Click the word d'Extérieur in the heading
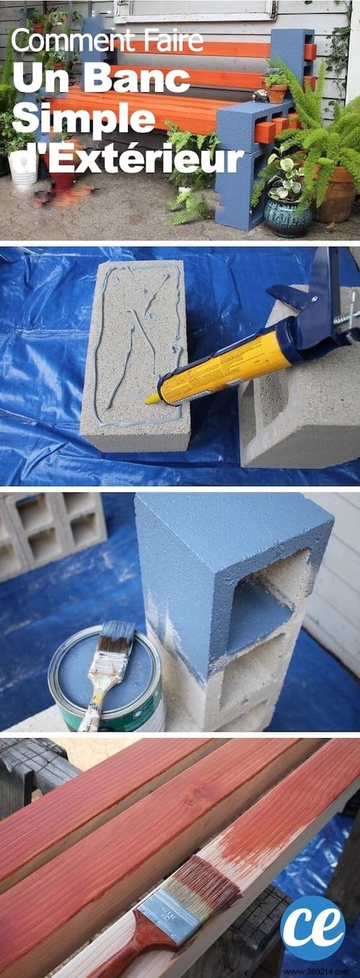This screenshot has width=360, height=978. (x=127, y=158)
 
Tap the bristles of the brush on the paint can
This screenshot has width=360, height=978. (x=119, y=638)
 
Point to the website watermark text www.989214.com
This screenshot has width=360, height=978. (x=323, y=972)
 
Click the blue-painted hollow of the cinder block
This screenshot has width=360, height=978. (x=262, y=598)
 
